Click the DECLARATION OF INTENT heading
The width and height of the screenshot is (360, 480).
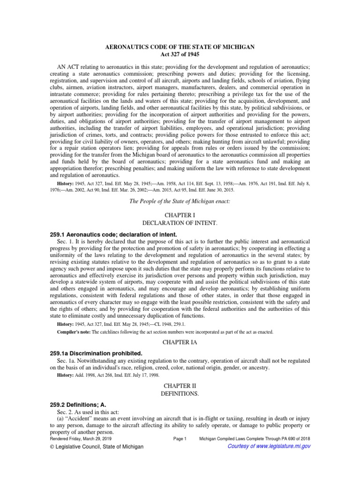point(180,222)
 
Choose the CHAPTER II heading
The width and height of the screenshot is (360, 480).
point(180,386)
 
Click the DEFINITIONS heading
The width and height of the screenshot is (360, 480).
point(180,394)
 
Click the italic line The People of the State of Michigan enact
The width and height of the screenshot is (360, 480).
point(180,201)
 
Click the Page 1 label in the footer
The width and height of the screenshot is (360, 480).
point(180,439)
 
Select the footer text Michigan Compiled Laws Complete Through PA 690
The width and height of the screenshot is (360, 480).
point(255,439)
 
